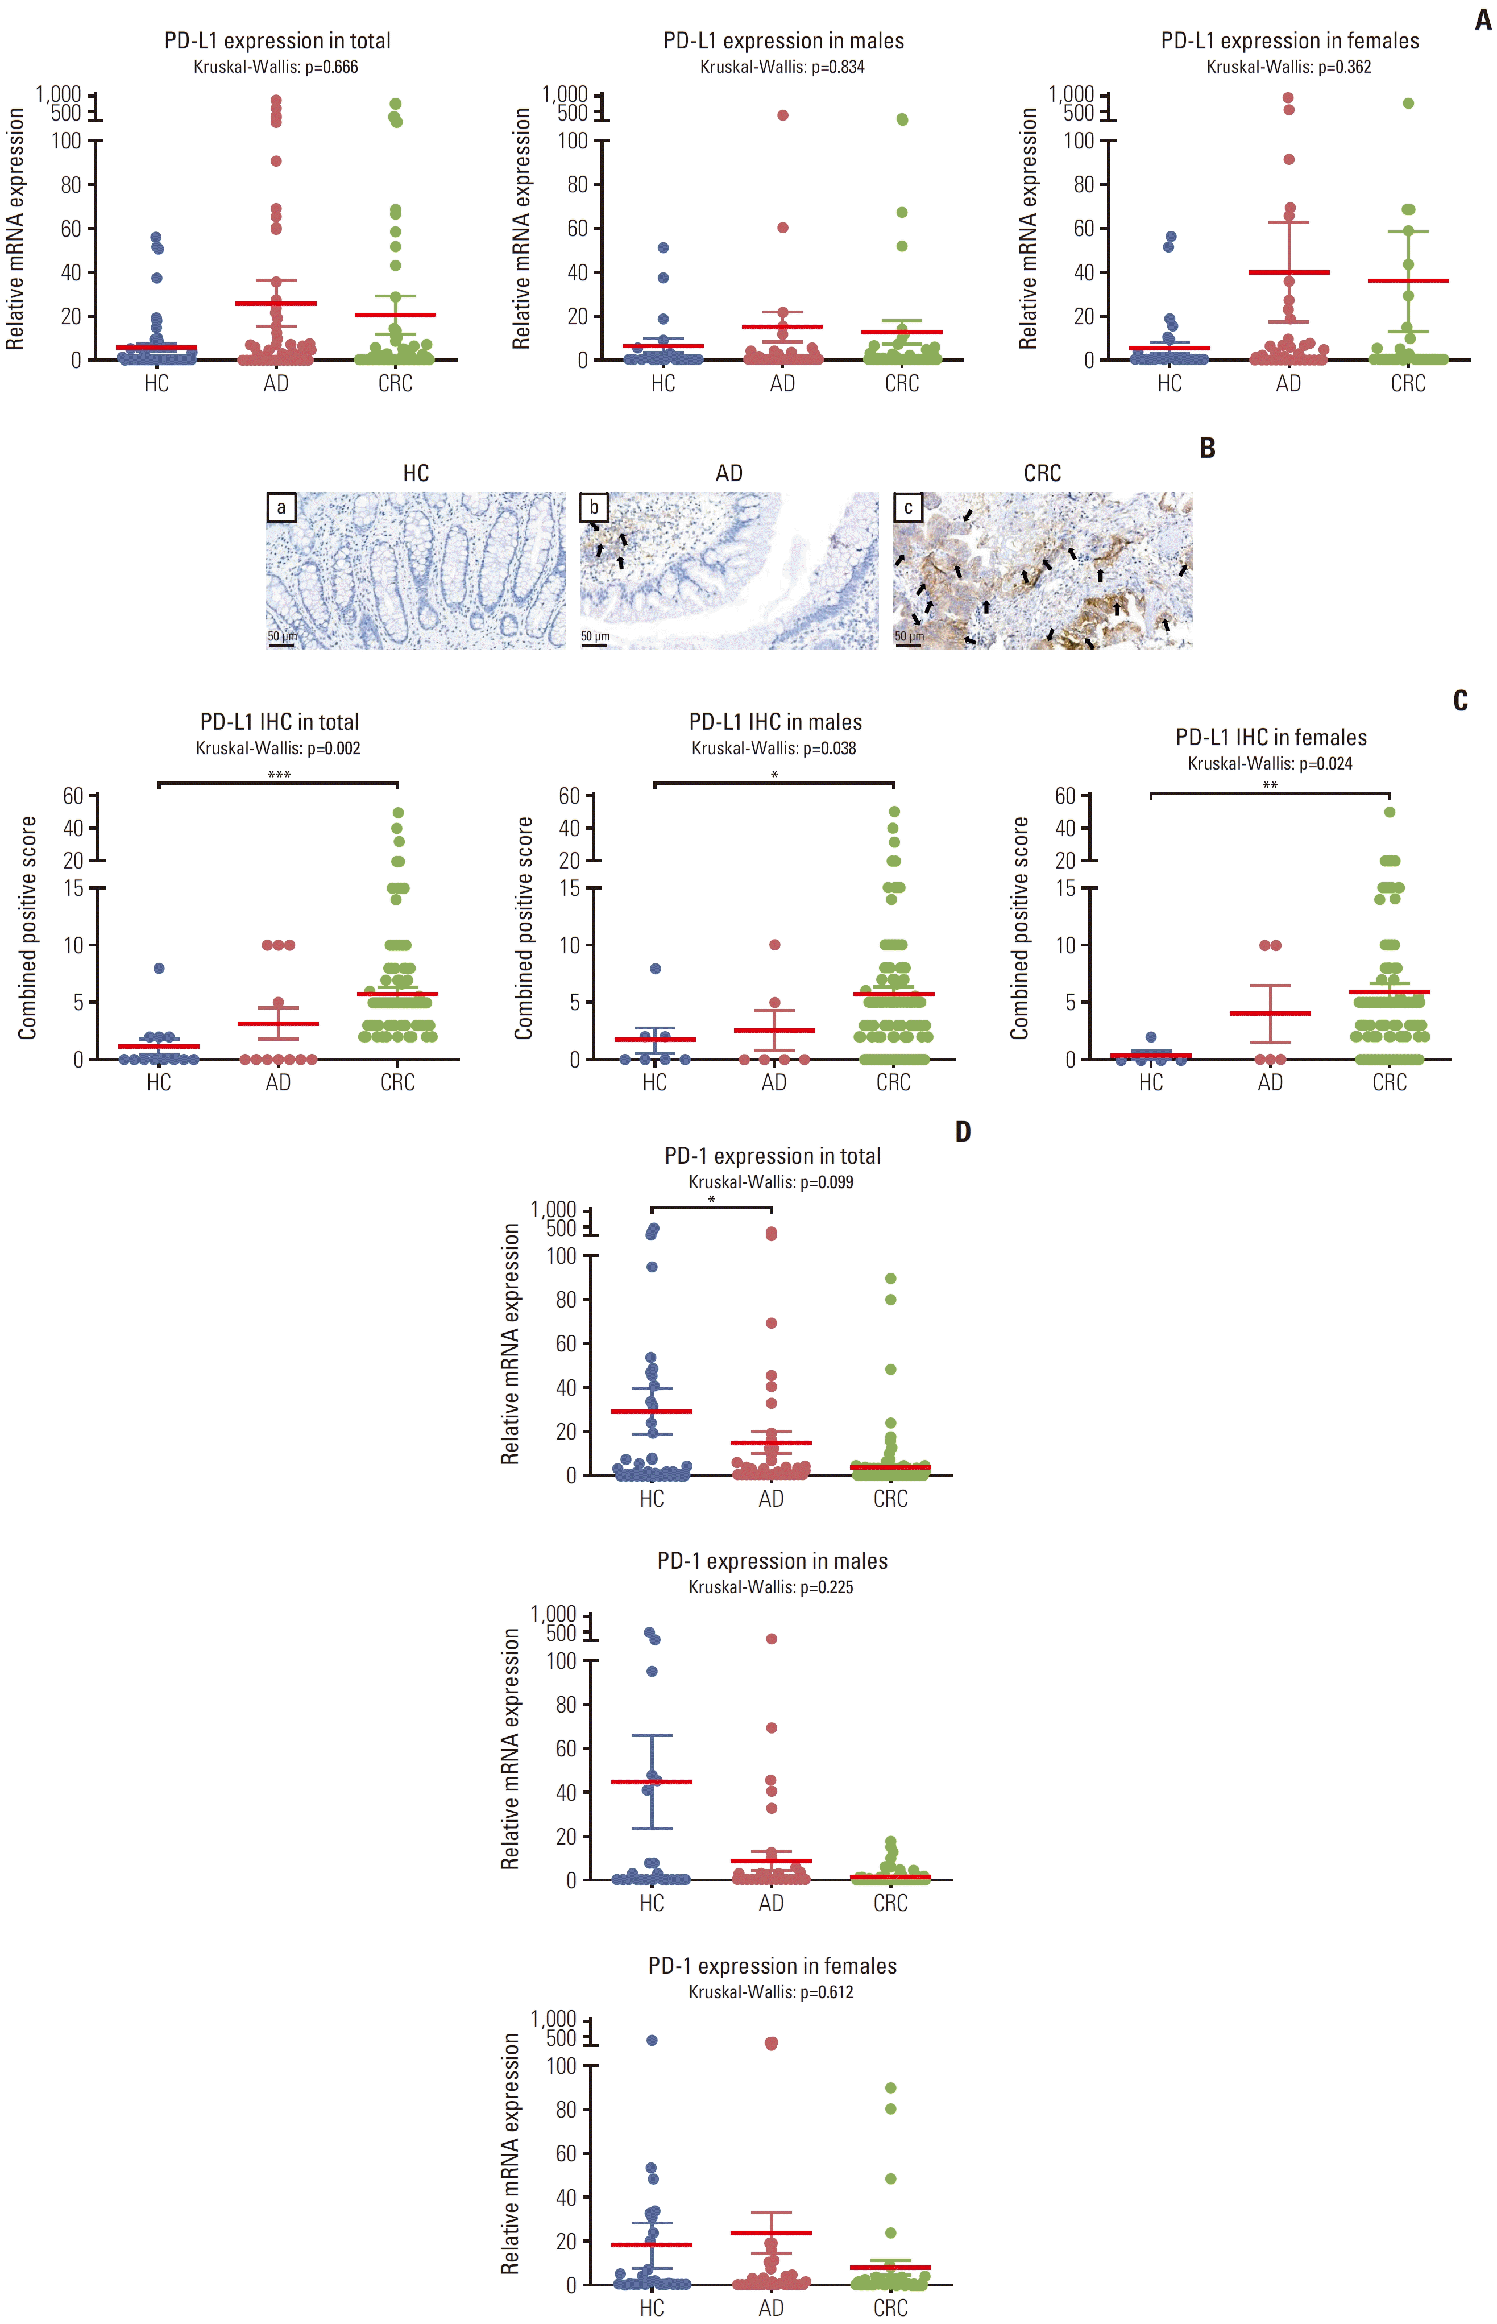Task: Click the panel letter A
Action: click(x=1482, y=20)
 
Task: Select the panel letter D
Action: click(x=963, y=1131)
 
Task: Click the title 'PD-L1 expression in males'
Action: click(x=783, y=41)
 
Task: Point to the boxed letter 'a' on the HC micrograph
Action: click(x=281, y=507)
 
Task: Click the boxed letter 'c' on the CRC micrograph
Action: click(x=908, y=507)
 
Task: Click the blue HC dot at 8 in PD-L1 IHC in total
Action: click(x=159, y=969)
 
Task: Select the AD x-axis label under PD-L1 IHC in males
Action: click(x=774, y=1082)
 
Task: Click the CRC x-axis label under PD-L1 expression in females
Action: click(x=1408, y=383)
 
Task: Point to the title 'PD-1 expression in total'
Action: click(x=773, y=1156)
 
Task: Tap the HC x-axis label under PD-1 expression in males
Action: click(x=652, y=1903)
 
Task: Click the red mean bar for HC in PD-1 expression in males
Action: click(x=652, y=1781)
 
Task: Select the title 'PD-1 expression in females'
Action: click(x=773, y=1966)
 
